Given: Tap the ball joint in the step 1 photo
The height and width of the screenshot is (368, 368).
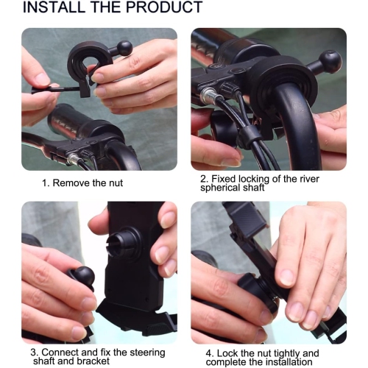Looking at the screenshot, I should pos(124,49).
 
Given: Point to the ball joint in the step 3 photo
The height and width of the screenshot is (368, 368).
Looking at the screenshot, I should pos(82,277).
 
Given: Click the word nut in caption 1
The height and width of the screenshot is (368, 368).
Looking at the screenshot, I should pos(113,182).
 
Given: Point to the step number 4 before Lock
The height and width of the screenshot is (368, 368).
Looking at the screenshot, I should pos(202,352).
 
